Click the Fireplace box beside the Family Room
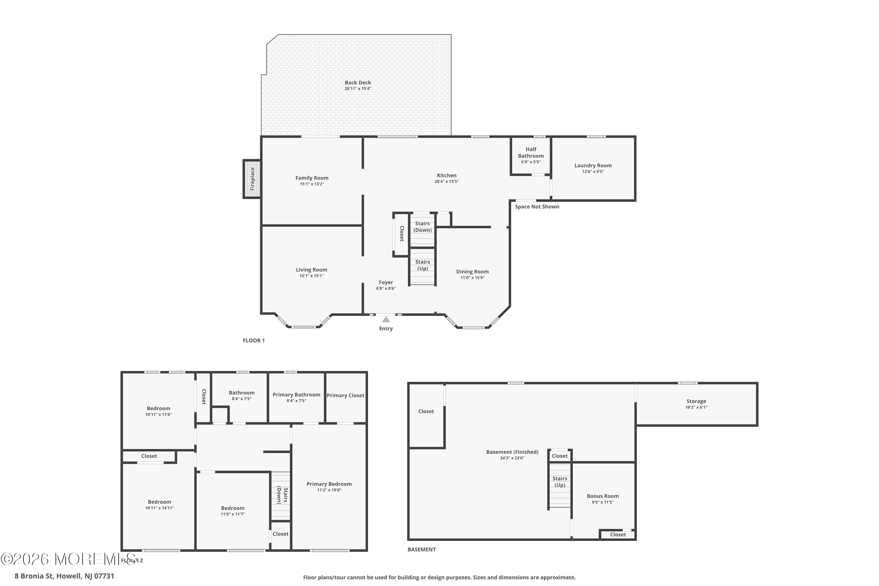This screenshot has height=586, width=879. click(252, 179)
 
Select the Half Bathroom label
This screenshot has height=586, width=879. click(531, 152)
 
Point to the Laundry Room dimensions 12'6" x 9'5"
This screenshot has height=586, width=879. click(593, 171)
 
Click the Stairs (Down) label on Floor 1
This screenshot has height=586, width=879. click(423, 227)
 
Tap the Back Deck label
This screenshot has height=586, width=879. click(358, 83)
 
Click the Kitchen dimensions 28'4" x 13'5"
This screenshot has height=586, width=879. click(447, 182)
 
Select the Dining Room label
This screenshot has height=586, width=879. click(472, 272)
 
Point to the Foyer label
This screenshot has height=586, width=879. click(386, 282)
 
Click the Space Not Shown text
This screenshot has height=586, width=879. click(537, 207)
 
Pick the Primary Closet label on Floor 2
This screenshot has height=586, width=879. click(345, 395)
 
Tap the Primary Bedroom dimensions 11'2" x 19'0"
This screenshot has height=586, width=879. click(329, 490)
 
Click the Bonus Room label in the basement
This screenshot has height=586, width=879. click(603, 496)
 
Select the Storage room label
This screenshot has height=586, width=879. click(696, 401)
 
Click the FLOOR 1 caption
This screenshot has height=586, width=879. click(254, 340)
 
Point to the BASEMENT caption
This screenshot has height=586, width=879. click(422, 549)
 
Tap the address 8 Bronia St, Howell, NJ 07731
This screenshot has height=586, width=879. click(64, 576)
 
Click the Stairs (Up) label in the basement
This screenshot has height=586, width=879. click(560, 482)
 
